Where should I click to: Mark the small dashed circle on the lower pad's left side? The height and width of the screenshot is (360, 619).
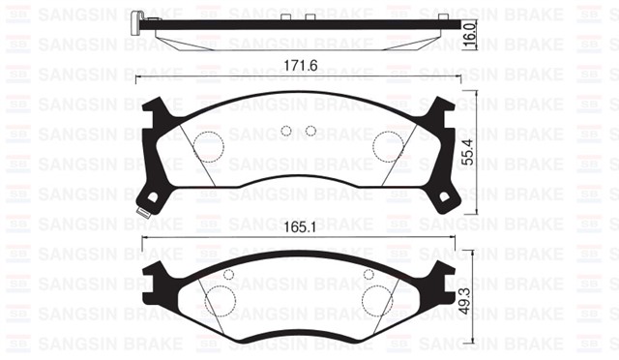228,274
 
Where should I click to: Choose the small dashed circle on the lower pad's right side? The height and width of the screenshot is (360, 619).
368,274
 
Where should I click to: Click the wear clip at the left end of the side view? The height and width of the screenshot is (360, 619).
142,21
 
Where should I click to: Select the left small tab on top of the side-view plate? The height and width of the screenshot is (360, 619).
286,16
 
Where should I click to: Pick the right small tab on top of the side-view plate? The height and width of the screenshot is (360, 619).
309,16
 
